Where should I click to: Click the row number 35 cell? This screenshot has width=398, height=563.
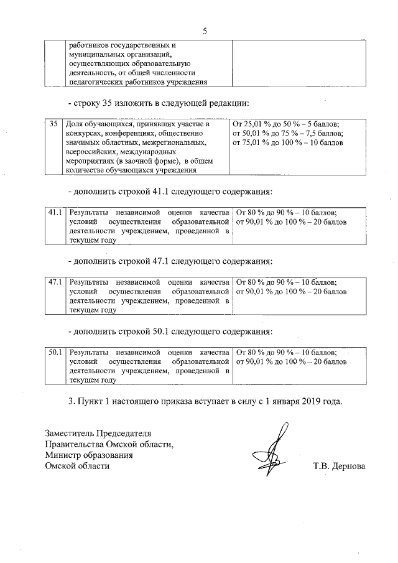coord(55,124)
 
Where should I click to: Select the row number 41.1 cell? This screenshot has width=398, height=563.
coord(57,213)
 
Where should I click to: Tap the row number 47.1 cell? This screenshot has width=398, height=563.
coord(57,282)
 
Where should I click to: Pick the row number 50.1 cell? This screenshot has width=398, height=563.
coord(57,352)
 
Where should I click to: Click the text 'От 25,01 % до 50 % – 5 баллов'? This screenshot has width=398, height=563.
coord(285,124)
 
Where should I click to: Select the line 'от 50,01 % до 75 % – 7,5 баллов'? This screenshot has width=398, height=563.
coord(287,133)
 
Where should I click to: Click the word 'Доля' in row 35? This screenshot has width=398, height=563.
coord(75,124)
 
